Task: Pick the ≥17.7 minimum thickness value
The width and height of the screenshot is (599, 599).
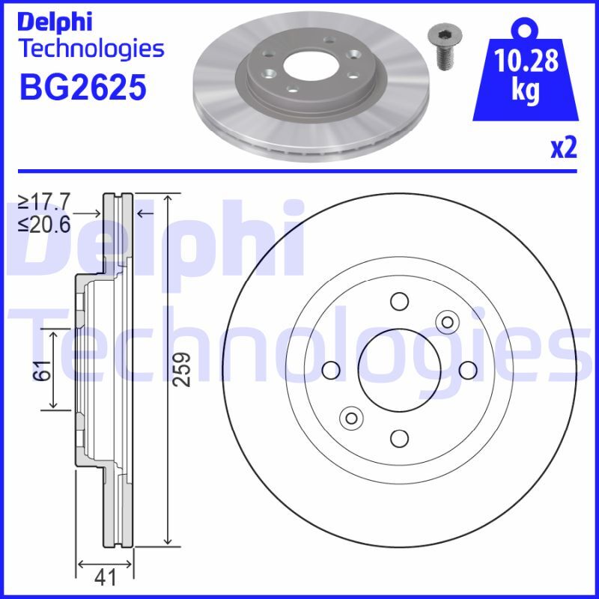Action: [44, 201]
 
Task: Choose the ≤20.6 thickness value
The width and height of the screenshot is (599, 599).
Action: [44, 223]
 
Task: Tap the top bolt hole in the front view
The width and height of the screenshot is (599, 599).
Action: [398, 301]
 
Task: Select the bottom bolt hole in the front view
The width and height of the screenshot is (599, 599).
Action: [398, 437]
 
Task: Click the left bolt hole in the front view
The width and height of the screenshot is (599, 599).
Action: [330, 369]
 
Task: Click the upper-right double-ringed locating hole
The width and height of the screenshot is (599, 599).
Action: [447, 322]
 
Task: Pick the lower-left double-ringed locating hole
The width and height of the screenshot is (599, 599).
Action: [350, 417]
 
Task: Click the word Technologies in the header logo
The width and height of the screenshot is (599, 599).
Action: [90, 49]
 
